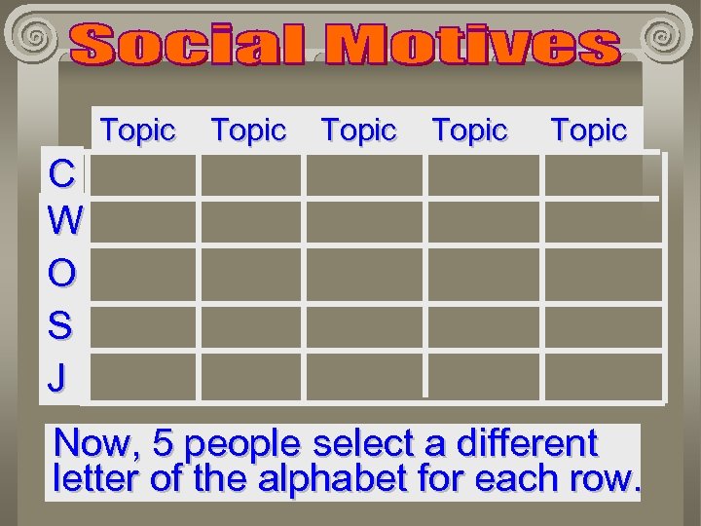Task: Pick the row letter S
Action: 59,325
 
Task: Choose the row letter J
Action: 56,376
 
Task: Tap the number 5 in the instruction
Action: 164,444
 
